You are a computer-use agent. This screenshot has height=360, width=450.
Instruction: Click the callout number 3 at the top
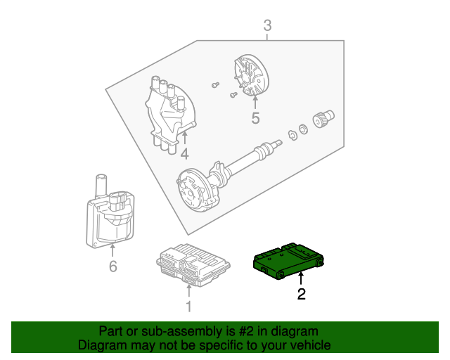pyautogui.click(x=267, y=27)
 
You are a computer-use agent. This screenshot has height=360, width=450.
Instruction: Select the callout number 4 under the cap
pyautogui.click(x=184, y=153)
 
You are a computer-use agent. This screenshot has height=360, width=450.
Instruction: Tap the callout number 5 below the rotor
pyautogui.click(x=255, y=119)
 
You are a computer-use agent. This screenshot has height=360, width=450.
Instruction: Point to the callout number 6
pyautogui.click(x=112, y=266)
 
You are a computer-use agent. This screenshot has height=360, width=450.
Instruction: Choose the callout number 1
pyautogui.click(x=188, y=306)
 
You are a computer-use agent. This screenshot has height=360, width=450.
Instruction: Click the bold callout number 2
pyautogui.click(x=302, y=295)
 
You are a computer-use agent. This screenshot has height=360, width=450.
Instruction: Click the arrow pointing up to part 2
pyautogui.click(x=302, y=279)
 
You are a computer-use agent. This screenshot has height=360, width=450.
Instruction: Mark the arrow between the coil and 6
pyautogui.click(x=112, y=250)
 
